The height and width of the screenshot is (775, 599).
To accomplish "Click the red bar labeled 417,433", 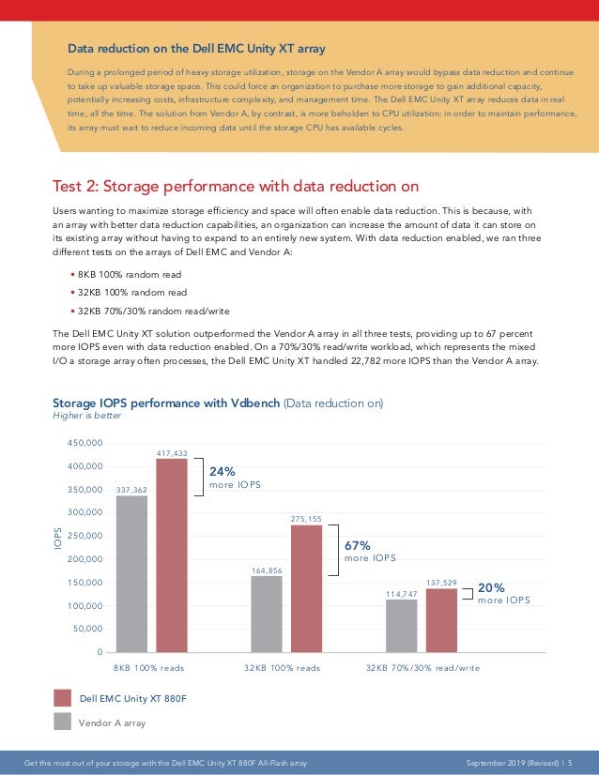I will click(x=172, y=555).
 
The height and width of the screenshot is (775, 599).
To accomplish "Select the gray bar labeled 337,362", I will click(x=131, y=573).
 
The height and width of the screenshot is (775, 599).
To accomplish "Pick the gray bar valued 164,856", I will click(x=267, y=614).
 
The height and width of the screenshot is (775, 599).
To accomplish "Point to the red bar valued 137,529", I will click(x=441, y=620).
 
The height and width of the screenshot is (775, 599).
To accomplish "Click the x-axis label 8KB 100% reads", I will click(x=148, y=668).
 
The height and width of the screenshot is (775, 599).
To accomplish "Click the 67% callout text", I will click(x=359, y=544).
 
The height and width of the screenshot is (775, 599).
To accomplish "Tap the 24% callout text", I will click(x=223, y=472).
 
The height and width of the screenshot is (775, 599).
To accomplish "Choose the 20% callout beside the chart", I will click(x=492, y=587).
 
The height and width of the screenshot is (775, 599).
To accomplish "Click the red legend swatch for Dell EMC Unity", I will click(x=63, y=697).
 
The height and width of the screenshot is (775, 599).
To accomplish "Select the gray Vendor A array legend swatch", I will click(x=63, y=722).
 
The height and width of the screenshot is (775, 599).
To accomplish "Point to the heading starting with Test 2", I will click(x=235, y=186).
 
